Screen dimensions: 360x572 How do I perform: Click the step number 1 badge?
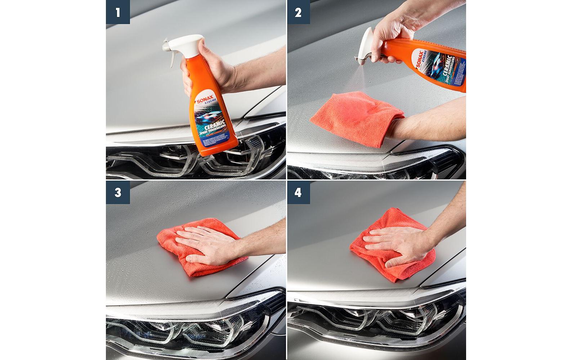click(118, 12)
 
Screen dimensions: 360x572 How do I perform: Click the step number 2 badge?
click(299, 12)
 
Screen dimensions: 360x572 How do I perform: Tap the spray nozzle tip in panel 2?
click(360, 58)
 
